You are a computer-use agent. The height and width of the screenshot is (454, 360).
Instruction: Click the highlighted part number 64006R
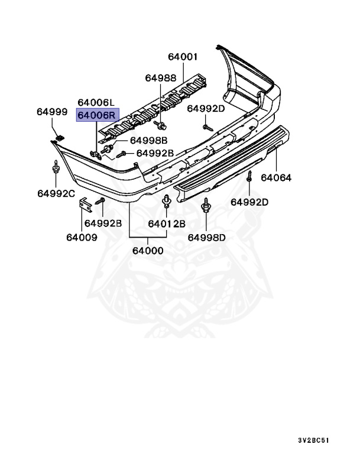click(98, 115)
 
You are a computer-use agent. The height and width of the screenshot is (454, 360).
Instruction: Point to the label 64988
click(161, 78)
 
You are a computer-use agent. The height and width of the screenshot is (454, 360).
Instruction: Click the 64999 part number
click(52, 111)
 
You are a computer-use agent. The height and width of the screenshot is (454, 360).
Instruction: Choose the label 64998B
click(148, 140)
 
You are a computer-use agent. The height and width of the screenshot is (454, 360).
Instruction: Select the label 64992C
click(56, 193)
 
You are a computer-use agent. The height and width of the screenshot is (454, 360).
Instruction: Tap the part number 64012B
click(167, 223)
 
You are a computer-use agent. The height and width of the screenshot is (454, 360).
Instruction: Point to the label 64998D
click(207, 237)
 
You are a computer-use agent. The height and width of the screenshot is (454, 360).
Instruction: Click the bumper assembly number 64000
click(148, 250)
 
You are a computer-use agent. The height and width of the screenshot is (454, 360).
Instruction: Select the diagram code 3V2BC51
click(313, 440)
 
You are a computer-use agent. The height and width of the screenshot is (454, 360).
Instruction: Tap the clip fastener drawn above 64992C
click(56, 170)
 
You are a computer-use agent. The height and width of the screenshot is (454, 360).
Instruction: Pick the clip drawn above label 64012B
click(166, 205)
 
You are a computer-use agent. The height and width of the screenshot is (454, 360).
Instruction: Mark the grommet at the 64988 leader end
click(160, 125)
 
